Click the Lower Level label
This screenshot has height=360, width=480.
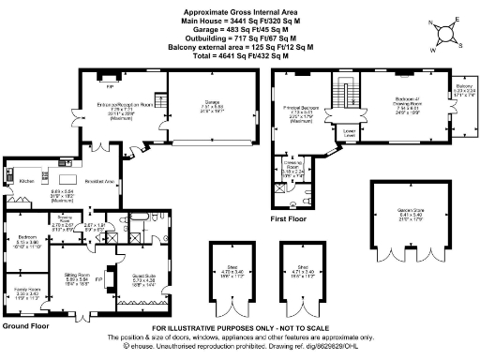350,132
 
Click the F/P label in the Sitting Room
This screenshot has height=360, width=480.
98,278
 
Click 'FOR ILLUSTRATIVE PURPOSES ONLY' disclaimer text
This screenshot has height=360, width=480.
239,327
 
